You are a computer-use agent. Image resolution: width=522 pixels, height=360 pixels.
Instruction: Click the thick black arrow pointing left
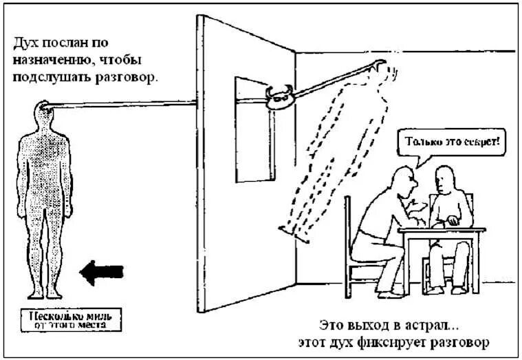101,272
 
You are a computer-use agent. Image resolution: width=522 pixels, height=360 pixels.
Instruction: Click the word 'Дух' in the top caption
25,43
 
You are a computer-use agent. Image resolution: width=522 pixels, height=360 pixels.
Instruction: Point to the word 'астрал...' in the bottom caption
442,324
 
